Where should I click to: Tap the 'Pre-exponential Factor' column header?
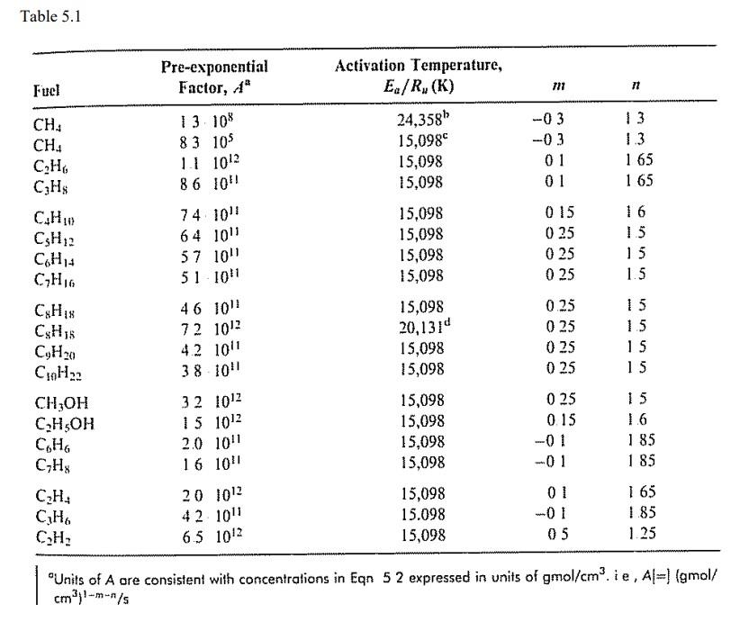214,77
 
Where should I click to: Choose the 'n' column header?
635,88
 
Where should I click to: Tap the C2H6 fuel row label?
50,162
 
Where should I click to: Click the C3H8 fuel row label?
50,182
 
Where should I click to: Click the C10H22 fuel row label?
59,369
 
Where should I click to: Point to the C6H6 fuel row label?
50,441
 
